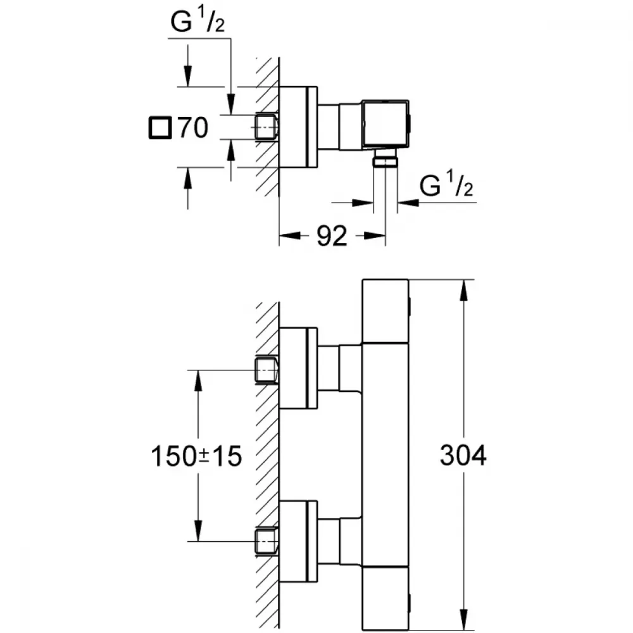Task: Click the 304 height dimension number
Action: click(463, 455)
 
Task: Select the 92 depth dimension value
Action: click(332, 235)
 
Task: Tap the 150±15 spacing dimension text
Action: click(196, 456)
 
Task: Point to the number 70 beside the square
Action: click(193, 128)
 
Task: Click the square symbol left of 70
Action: click(160, 128)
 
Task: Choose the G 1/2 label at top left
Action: click(197, 21)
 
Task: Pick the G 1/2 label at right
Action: click(446, 185)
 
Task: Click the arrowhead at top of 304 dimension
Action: click(464, 289)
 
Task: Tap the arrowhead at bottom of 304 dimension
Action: click(464, 620)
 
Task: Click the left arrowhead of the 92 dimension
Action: click(290, 235)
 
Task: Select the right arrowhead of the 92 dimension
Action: click(375, 235)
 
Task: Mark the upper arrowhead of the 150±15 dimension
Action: click(197, 380)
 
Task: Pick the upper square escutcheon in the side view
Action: click(298, 368)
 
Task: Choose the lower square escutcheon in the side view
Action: click(298, 541)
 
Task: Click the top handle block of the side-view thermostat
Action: click(385, 311)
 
